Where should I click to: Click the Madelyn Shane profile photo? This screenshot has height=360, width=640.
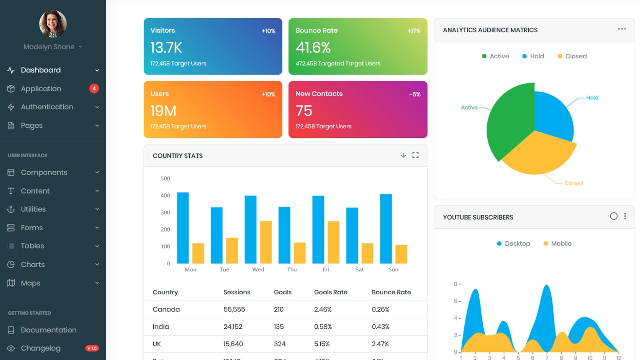[53, 24]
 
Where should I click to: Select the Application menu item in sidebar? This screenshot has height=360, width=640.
[41, 89]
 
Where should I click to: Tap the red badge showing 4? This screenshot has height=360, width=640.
[94, 89]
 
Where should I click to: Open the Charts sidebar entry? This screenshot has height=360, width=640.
[33, 264]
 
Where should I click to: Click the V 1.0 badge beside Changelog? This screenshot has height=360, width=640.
[92, 348]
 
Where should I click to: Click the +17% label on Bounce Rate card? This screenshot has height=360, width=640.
[414, 31]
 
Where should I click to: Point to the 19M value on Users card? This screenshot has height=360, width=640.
[163, 111]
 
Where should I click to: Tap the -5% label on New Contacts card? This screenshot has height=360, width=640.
[414, 94]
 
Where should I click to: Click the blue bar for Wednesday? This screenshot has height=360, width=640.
[250, 229]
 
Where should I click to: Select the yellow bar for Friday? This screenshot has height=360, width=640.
[333, 242]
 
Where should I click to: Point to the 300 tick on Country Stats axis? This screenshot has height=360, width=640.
[165, 212]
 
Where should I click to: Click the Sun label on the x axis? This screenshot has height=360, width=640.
[393, 270]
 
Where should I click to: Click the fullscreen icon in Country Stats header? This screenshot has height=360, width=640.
[415, 155]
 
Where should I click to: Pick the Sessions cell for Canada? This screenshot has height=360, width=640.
[234, 309]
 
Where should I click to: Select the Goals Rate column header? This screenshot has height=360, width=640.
[330, 292]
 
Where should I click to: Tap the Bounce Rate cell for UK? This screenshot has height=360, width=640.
[380, 344]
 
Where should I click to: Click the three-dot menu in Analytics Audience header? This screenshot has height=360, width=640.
[622, 29]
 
